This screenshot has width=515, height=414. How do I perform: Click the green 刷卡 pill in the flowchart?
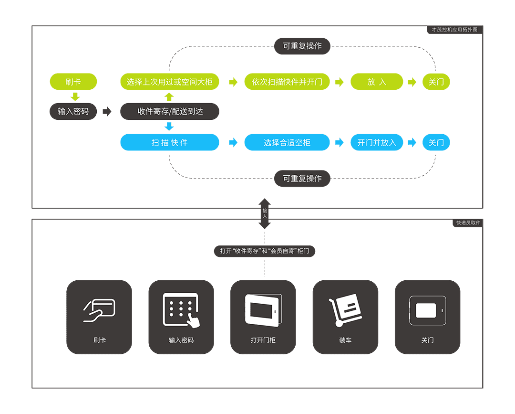coord(73,82)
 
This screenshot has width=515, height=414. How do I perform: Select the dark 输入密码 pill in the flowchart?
coord(73,111)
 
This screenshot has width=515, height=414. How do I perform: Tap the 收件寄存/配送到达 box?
coord(170,111)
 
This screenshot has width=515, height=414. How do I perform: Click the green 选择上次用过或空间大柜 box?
coord(170,82)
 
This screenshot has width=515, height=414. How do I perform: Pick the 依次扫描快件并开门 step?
coord(287,82)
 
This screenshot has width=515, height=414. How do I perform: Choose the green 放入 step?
coord(377,82)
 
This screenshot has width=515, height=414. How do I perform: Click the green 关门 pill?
coord(436,82)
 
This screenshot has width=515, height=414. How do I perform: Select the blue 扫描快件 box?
coord(170,142)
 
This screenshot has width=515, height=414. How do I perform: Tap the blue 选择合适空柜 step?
coord(287,142)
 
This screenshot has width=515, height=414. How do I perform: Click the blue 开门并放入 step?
coord(377,142)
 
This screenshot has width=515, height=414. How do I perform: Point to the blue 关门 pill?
coord(436,142)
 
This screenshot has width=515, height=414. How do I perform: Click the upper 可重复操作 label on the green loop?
coord(302,46)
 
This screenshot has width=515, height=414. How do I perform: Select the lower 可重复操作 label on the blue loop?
coord(302,179)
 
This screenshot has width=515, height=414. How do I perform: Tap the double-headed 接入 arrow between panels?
coord(265,213)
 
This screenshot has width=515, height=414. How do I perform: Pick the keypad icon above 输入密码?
coord(181,310)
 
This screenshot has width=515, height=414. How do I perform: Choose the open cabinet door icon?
coord(263,310)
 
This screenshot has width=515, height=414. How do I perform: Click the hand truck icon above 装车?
coord(345,311)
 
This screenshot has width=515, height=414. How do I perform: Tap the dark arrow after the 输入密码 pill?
coord(107,111)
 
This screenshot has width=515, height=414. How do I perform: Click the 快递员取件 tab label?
coord(467,223)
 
